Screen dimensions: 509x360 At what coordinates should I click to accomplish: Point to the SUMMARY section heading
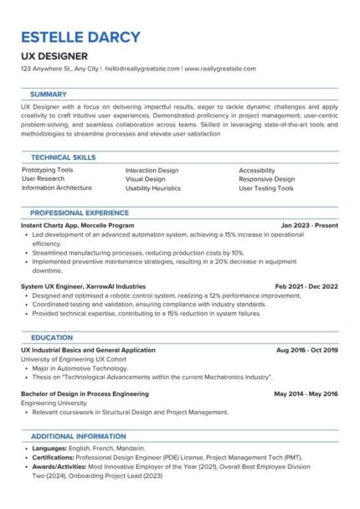point(49,95)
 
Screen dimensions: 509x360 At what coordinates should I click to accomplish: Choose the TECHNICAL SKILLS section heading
point(63,157)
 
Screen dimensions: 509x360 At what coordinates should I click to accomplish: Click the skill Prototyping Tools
point(47,170)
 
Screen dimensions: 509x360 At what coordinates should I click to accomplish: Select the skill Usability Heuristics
point(152,188)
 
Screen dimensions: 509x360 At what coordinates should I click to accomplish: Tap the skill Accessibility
point(258,170)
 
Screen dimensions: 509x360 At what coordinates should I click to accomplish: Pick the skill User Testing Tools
point(266,188)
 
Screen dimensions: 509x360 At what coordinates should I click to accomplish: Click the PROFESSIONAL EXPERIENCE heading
point(80,213)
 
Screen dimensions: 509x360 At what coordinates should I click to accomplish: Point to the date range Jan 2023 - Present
point(310,226)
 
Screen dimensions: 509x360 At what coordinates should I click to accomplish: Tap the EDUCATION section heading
point(51,337)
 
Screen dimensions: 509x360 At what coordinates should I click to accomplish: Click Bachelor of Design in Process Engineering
point(85,393)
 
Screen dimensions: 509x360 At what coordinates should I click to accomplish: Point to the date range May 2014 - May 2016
point(306,393)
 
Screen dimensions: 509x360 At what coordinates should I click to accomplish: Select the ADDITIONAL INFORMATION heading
point(78,436)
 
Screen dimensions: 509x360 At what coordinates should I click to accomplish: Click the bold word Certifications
point(52,458)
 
